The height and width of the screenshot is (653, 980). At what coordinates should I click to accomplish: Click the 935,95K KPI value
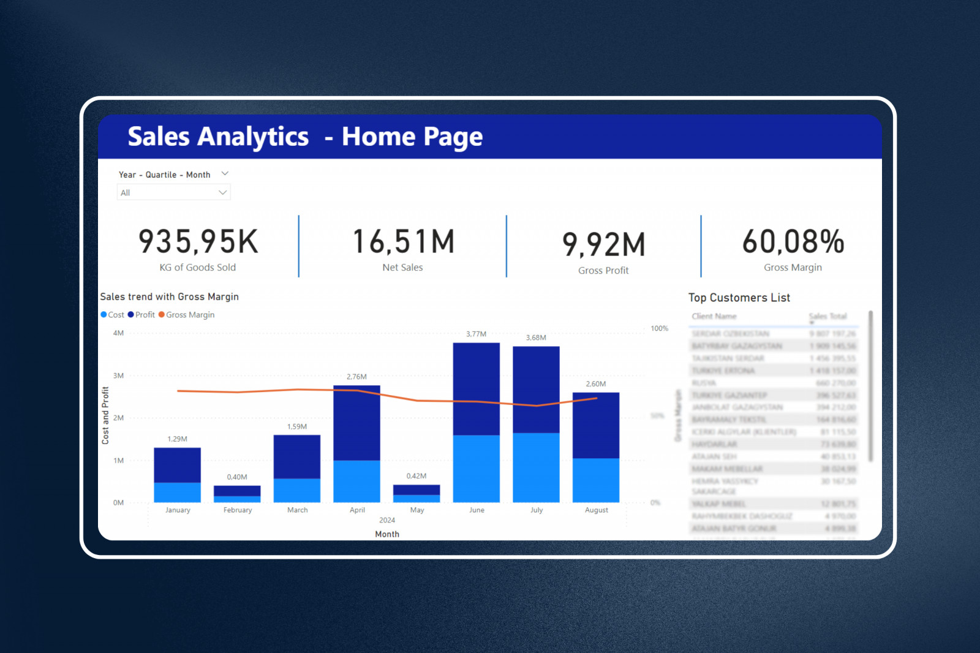click(x=198, y=241)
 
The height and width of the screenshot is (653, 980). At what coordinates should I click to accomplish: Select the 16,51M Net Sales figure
click(x=403, y=241)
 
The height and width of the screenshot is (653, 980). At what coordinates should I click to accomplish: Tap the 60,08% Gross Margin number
click(x=793, y=241)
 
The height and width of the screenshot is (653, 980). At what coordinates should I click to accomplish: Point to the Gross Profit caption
click(x=603, y=270)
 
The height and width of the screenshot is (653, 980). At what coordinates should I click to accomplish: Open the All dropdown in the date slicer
click(x=173, y=192)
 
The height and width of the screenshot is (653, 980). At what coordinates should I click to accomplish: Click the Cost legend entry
click(x=113, y=315)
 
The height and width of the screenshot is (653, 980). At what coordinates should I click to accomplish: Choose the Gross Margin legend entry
click(x=187, y=315)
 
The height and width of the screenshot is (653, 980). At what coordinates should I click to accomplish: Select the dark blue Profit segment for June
click(x=477, y=388)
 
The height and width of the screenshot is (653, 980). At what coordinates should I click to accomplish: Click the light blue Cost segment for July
click(x=536, y=467)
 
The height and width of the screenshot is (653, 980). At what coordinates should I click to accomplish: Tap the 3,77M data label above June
click(x=476, y=334)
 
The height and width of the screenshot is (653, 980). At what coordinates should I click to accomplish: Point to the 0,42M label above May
click(x=417, y=476)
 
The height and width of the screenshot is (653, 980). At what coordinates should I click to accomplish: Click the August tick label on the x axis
click(x=596, y=510)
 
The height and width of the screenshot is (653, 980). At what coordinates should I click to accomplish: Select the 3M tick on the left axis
click(x=118, y=376)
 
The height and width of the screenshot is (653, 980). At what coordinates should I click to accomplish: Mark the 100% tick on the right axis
click(x=659, y=328)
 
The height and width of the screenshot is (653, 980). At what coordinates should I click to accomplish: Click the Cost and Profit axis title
click(x=105, y=415)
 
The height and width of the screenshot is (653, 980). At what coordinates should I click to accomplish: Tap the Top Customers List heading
click(x=739, y=298)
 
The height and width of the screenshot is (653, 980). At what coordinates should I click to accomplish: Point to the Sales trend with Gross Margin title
click(x=169, y=296)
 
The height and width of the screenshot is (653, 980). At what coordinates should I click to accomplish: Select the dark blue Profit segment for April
click(x=356, y=423)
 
